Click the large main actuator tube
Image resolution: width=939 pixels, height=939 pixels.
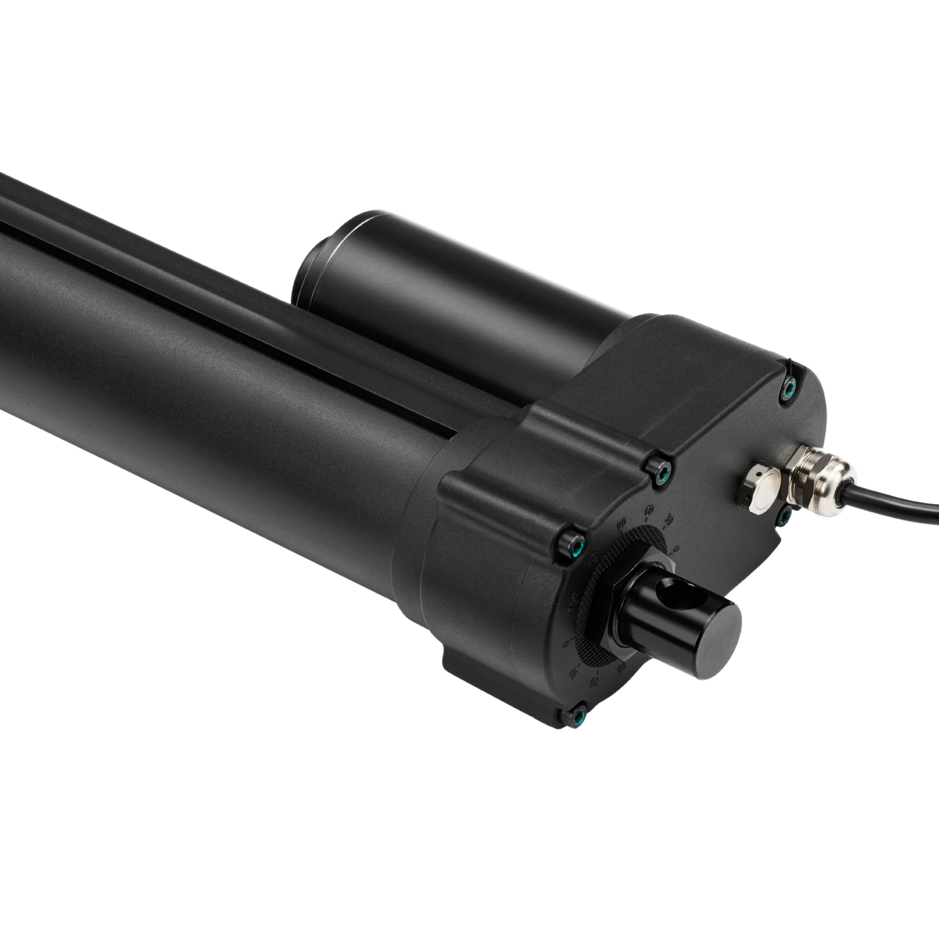coord(194,389)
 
